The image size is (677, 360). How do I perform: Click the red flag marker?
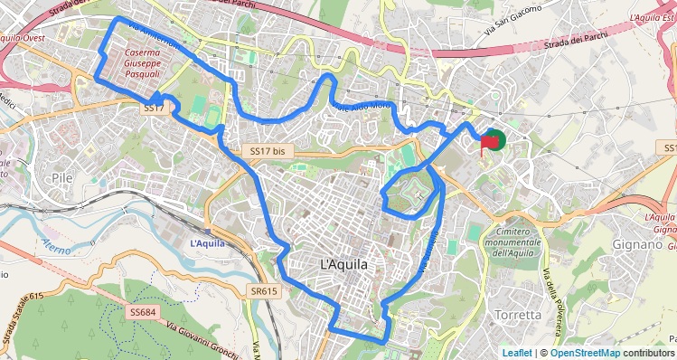(x=491, y=141)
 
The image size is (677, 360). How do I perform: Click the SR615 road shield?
(x=264, y=291)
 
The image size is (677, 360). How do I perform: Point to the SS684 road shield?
(x=143, y=312)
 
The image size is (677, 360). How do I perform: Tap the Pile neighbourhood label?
(x=62, y=178)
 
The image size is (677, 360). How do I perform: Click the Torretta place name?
(x=518, y=315)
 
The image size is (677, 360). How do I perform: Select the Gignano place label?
(x=639, y=244)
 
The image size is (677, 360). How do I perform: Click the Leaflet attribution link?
(x=517, y=353)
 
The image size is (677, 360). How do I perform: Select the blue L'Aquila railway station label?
(x=206, y=243)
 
